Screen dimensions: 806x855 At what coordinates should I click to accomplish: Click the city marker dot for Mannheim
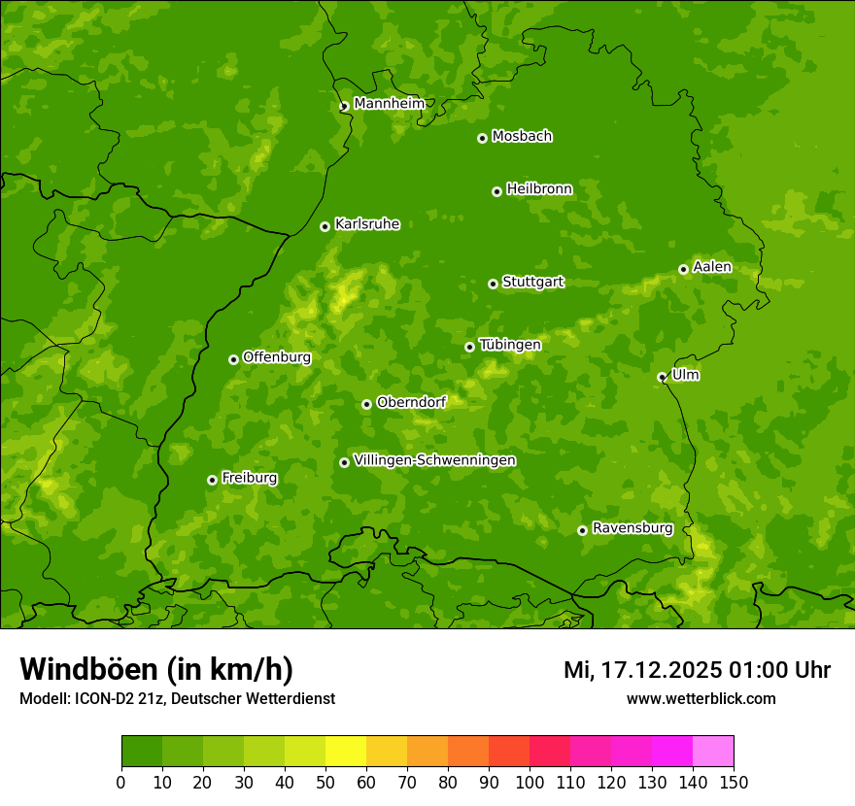(344, 107)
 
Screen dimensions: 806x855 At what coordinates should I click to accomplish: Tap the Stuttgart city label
(532, 283)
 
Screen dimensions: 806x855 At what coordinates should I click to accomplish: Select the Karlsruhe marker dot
(325, 226)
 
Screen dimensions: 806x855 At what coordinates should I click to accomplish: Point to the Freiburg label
(249, 478)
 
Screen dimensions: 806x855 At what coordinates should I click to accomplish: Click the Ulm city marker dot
(662, 377)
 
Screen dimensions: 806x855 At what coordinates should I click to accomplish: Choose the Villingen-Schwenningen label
(434, 460)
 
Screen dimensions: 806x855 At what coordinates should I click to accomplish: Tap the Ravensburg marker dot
(582, 530)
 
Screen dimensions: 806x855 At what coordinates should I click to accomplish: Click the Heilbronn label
(539, 189)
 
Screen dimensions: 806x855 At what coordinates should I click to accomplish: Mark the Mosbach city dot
(482, 138)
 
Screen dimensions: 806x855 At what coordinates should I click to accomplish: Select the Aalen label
(712, 267)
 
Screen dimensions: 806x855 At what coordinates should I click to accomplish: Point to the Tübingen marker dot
(469, 347)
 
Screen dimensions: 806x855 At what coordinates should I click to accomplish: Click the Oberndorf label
(411, 402)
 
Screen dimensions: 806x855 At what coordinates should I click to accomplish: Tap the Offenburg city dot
(233, 359)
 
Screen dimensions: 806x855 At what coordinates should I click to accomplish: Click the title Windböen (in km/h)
(156, 669)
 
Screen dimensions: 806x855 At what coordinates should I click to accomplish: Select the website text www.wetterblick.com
(701, 698)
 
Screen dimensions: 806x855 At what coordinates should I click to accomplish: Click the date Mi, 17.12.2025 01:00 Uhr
(697, 670)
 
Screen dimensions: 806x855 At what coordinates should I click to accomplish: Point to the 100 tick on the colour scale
(530, 783)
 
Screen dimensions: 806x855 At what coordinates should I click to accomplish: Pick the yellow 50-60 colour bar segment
(346, 752)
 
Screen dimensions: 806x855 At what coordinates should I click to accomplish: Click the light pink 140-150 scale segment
(713, 752)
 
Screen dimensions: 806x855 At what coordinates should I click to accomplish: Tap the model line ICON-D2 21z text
(177, 698)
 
